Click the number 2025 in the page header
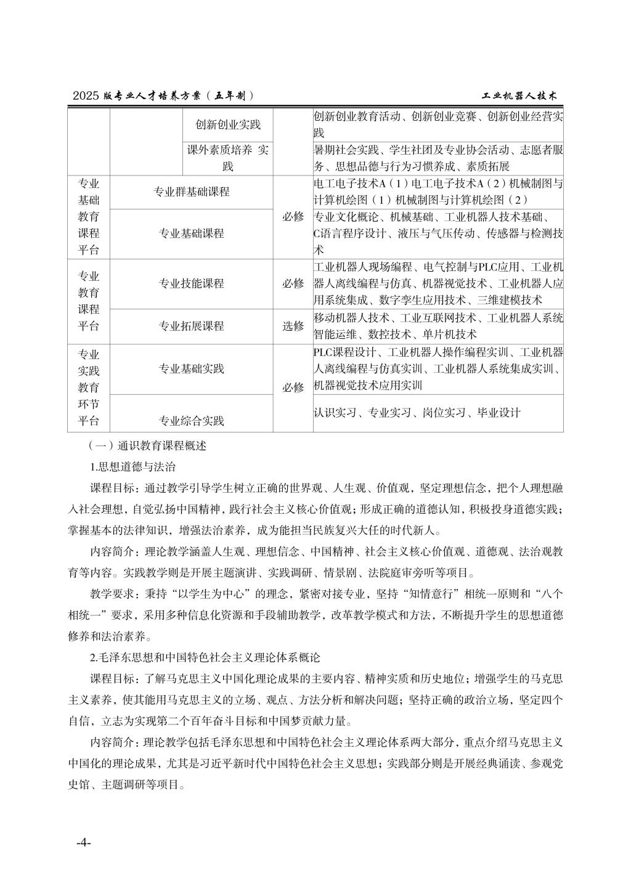pos(86,96)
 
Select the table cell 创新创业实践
pos(228,124)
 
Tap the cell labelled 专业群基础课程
pos(191,192)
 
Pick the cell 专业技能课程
pos(191,283)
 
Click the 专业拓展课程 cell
pos(191,326)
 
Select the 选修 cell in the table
pos(293,326)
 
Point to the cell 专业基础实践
pos(191,368)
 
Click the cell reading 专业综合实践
pos(191,421)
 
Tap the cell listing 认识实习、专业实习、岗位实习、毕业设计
pos(417,413)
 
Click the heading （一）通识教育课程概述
pos(147,446)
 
